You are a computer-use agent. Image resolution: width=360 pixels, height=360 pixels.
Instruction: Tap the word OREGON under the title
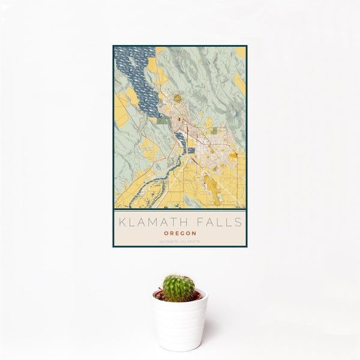point(179,233)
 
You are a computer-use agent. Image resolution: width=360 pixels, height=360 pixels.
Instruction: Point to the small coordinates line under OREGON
point(179,242)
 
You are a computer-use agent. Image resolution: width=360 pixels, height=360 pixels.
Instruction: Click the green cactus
point(179,287)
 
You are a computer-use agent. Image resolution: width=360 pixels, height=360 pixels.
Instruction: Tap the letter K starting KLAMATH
point(122,222)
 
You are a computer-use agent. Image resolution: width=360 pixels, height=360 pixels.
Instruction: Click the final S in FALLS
point(239,222)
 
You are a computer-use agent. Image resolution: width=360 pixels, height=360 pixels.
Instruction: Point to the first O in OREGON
point(166,233)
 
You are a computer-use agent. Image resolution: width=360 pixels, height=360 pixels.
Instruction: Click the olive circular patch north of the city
point(178,98)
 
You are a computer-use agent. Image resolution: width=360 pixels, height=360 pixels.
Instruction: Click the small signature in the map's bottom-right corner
point(239,206)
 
